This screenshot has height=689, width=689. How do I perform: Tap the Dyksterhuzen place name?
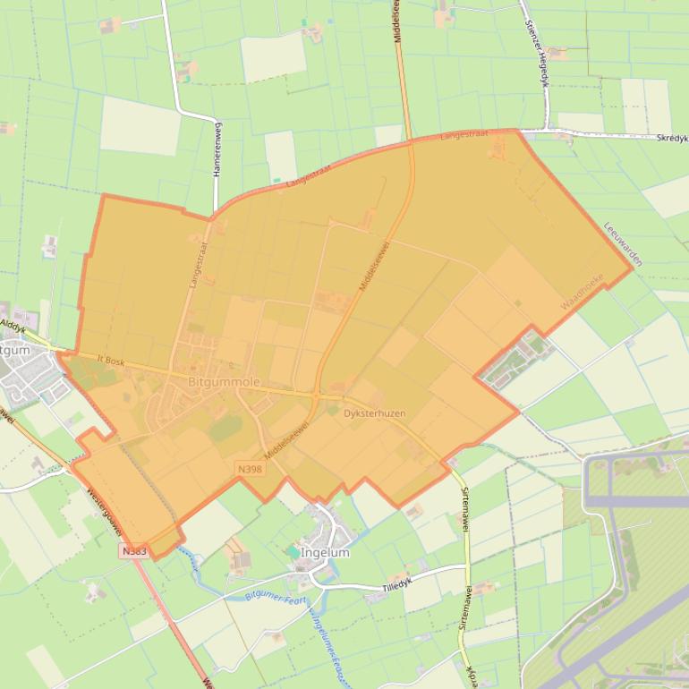pos(374,413)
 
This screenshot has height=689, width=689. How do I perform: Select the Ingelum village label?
pos(325,552)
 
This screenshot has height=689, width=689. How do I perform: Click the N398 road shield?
pos(251,468)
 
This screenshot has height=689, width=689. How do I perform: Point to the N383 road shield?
pos(133,551)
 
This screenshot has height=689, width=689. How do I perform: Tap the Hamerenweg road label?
pos(217,153)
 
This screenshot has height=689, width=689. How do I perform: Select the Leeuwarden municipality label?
pos(624,244)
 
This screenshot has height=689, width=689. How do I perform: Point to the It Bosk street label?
pos(109,361)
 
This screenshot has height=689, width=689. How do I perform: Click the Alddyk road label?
pos(13,326)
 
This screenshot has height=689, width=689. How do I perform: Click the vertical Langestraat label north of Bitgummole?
pos(197,260)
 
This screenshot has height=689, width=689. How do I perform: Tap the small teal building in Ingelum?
pos(294,553)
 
